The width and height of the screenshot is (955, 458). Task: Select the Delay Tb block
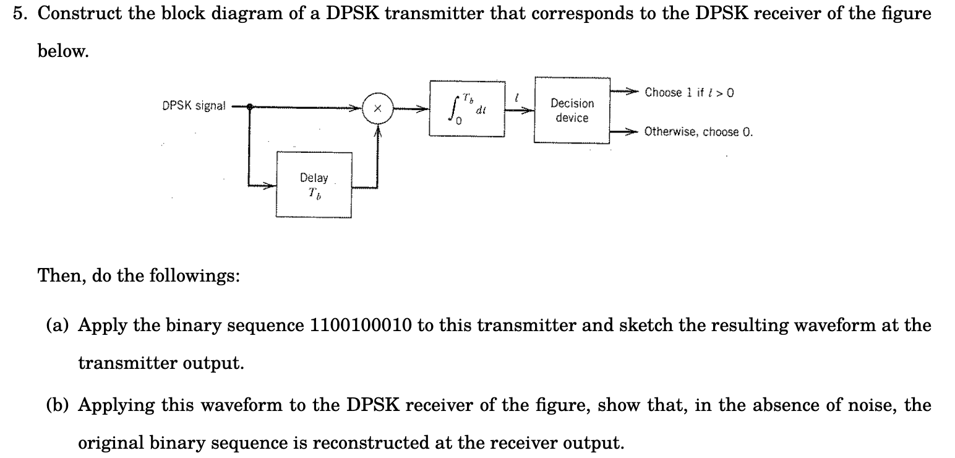(314, 185)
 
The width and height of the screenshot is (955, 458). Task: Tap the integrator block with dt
(468, 109)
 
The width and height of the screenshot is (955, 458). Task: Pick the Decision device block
(572, 110)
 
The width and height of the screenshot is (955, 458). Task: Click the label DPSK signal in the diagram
(194, 106)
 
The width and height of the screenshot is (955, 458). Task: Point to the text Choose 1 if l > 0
(689, 93)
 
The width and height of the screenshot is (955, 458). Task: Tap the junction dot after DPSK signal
(249, 107)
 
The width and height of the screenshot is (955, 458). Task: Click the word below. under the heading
(63, 51)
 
